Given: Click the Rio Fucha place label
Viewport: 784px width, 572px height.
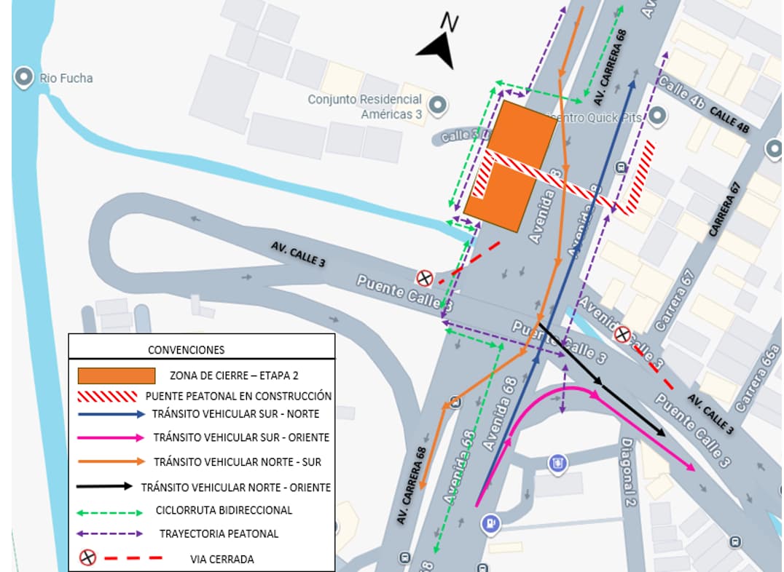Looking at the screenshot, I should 66,78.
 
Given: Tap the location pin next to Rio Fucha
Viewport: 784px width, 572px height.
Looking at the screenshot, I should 25,77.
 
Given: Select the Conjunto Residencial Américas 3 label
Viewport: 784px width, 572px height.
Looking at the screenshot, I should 364,106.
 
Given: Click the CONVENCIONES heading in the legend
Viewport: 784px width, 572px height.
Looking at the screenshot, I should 186,349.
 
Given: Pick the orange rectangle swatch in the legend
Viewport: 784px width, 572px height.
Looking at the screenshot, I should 117,376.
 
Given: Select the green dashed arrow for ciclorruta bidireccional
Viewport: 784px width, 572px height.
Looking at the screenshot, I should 109,511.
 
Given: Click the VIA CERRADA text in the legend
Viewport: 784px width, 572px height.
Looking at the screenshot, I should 218,559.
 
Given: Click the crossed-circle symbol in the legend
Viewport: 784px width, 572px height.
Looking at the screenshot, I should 87,558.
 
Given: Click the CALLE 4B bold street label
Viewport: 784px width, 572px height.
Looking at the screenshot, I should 729,121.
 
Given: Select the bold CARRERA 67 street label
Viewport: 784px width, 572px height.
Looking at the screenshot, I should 726,209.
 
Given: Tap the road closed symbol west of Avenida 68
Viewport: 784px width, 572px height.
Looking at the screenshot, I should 424,277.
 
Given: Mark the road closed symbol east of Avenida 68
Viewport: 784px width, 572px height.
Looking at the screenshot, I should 622,335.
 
